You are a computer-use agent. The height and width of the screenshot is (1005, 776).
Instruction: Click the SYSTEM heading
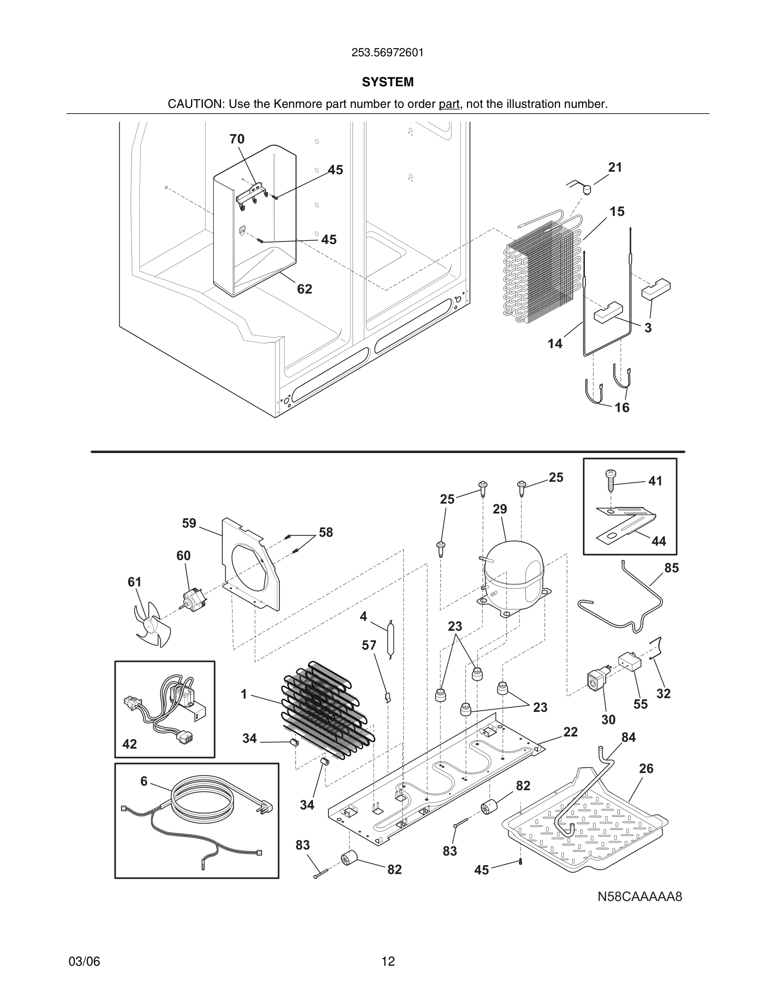388,82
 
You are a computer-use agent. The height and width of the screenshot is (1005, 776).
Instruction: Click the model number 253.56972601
388,53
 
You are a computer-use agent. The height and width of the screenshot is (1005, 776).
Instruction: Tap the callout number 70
237,139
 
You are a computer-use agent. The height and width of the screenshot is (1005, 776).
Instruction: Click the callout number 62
304,289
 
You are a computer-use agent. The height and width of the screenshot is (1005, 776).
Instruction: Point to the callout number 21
615,167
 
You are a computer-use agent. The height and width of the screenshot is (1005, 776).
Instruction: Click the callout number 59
189,523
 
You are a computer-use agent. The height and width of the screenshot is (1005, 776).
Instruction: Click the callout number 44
659,541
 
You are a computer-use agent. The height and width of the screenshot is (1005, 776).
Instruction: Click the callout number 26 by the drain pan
646,769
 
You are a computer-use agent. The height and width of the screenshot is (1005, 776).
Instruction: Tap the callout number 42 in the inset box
130,744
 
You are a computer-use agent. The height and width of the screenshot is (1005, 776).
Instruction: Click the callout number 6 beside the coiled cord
144,781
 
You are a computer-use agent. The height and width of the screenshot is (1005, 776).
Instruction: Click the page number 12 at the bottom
388,961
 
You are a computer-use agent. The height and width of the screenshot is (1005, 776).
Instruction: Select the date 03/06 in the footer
84,961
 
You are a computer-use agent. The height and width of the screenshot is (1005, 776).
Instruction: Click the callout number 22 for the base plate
570,732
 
